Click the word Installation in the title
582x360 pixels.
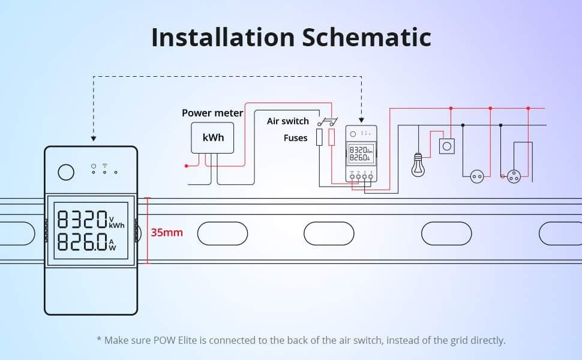point(222,37)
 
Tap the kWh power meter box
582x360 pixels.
point(213,137)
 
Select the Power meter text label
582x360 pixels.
point(212,113)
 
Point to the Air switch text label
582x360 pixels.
point(287,121)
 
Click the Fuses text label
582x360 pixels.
point(295,138)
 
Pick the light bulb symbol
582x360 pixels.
point(418,165)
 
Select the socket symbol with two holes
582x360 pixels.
point(477,176)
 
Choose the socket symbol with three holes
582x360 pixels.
point(514,176)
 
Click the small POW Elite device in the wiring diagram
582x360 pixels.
point(361,154)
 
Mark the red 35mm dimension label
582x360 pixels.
point(167,232)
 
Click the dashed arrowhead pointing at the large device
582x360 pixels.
point(93,139)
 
